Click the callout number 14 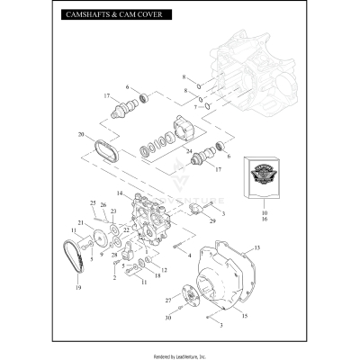pos(119,193)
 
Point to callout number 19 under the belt pos(78,287)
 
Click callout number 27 pos(167,299)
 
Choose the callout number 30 pos(167,318)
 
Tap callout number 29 pos(212,220)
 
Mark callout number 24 pos(190,151)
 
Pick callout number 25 pos(93,203)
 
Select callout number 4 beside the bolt pos(189,255)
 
